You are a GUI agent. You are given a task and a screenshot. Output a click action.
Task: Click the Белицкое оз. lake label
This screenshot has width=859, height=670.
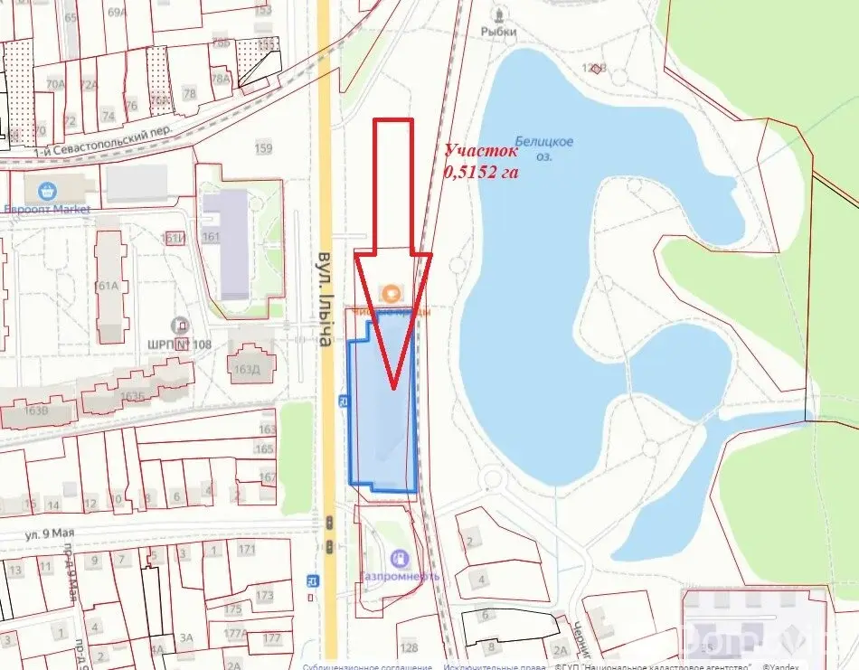pyautogui.click(x=544, y=148)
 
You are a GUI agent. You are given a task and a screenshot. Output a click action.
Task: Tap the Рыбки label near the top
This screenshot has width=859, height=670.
pyautogui.click(x=498, y=32)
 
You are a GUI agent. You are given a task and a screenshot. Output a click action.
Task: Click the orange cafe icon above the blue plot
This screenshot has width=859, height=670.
pyautogui.click(x=392, y=293)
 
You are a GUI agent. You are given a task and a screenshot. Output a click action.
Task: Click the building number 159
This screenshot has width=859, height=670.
pyautogui.click(x=264, y=148)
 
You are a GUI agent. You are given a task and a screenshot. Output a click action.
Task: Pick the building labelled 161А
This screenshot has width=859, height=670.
pyautogui.click(x=107, y=286)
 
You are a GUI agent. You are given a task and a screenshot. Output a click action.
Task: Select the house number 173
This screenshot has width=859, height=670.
pyautogui.click(x=264, y=596)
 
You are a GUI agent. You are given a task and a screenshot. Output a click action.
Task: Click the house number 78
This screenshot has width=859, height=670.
pyautogui.click(x=189, y=93)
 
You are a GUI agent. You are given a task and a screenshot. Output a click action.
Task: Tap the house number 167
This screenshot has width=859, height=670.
pyautogui.click(x=267, y=477)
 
